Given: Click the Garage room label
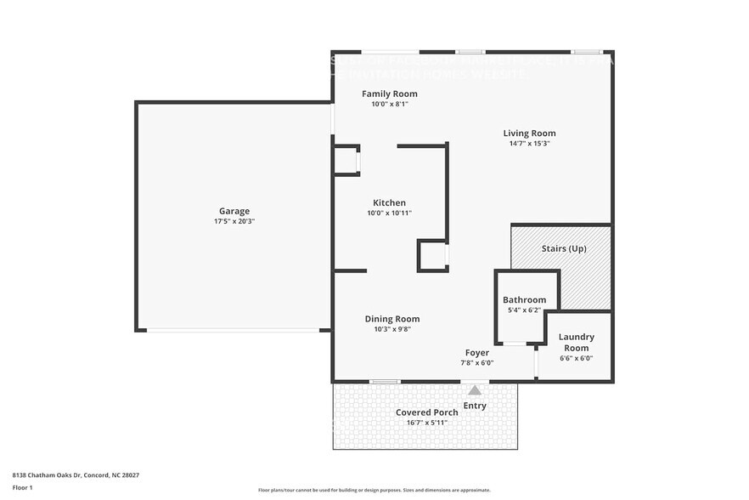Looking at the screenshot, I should pyautogui.click(x=234, y=211).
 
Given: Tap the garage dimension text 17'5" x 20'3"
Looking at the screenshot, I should pyautogui.click(x=234, y=221).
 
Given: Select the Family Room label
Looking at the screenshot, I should pyautogui.click(x=390, y=94).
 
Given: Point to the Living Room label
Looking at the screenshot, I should pyautogui.click(x=529, y=133).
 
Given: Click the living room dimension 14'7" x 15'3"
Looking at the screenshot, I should pyautogui.click(x=529, y=144).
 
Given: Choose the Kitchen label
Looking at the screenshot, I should pyautogui.click(x=390, y=202).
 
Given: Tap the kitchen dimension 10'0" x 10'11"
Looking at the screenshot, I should pyautogui.click(x=390, y=213).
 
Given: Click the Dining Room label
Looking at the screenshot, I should pyautogui.click(x=392, y=319).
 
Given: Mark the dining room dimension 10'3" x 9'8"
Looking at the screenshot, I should pyautogui.click(x=392, y=329).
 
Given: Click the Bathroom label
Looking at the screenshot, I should pyautogui.click(x=524, y=299).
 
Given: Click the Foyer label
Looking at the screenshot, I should pyautogui.click(x=476, y=352).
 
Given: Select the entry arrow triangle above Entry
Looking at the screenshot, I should pyautogui.click(x=475, y=390).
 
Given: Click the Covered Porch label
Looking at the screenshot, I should pyautogui.click(x=427, y=412).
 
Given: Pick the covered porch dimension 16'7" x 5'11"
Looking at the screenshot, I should pyautogui.click(x=427, y=422).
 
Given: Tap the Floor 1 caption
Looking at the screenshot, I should pyautogui.click(x=22, y=487).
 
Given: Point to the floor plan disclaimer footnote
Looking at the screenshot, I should pyautogui.click(x=374, y=490).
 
